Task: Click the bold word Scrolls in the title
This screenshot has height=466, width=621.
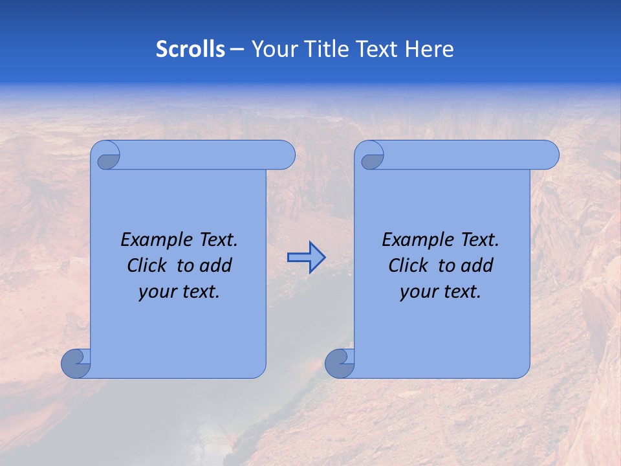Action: click(190, 49)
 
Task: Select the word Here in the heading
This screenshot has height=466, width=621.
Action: click(429, 49)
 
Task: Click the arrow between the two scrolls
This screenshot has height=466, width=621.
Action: click(306, 258)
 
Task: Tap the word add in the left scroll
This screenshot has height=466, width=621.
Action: click(216, 266)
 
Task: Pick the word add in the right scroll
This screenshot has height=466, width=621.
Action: click(477, 266)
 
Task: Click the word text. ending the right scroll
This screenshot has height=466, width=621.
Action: click(461, 292)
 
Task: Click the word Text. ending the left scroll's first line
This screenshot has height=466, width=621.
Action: click(216, 240)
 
